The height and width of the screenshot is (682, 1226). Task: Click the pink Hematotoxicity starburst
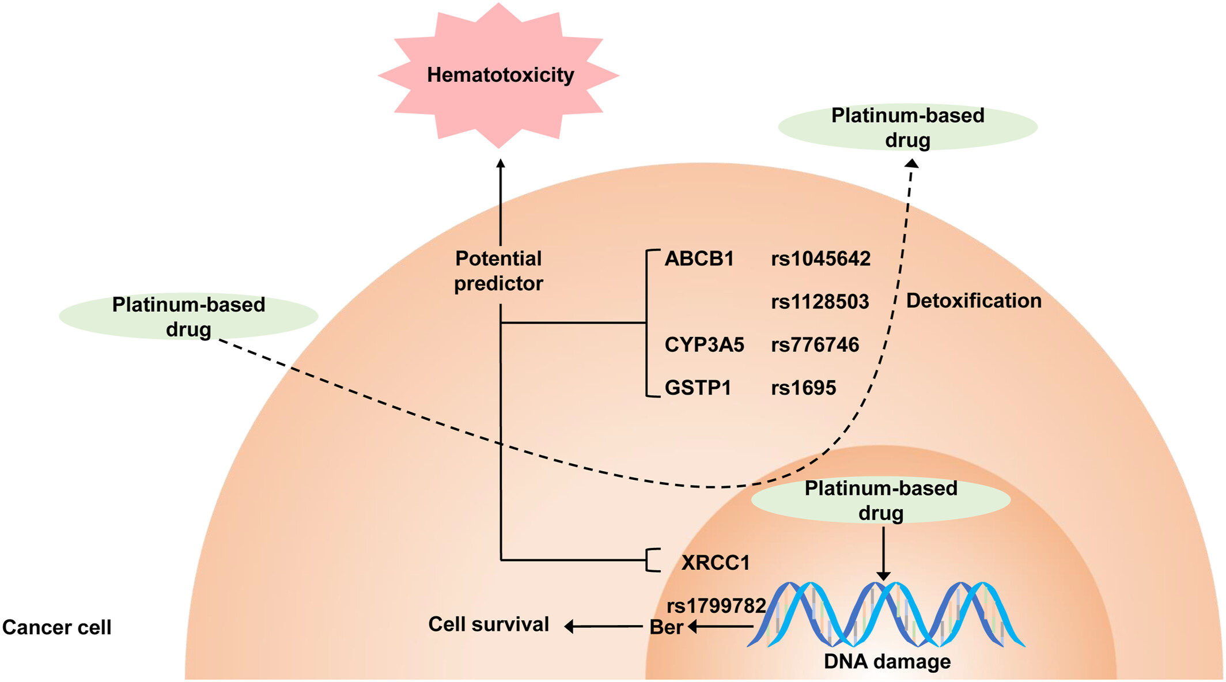pyautogui.click(x=499, y=75)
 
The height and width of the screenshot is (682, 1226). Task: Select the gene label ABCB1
pyautogui.click(x=699, y=259)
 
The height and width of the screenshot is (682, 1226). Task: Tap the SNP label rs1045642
pyautogui.click(x=821, y=259)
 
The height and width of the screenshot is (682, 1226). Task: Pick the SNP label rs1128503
pyautogui.click(x=820, y=301)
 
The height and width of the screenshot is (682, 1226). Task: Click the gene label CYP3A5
pyautogui.click(x=704, y=344)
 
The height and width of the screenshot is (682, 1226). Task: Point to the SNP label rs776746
pyautogui.click(x=815, y=344)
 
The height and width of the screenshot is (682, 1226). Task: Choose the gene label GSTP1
pyautogui.click(x=698, y=388)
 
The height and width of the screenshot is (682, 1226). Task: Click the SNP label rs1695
pyautogui.click(x=803, y=388)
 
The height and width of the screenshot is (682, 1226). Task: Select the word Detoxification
pyautogui.click(x=974, y=301)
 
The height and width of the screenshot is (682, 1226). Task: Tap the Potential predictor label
pyautogui.click(x=498, y=271)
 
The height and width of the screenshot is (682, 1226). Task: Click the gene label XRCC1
pyautogui.click(x=716, y=562)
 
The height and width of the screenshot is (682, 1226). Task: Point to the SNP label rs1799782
pyautogui.click(x=716, y=605)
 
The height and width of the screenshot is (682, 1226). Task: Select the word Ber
pyautogui.click(x=666, y=627)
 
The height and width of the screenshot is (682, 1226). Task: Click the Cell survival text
pyautogui.click(x=489, y=624)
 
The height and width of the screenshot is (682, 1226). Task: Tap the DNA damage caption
pyautogui.click(x=887, y=661)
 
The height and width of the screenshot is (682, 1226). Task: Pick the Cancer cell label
pyautogui.click(x=56, y=627)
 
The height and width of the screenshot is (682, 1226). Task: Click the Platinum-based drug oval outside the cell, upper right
pyautogui.click(x=908, y=127)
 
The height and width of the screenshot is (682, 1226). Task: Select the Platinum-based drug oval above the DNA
pyautogui.click(x=881, y=500)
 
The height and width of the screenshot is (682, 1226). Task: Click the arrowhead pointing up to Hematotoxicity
pyautogui.click(x=501, y=164)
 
